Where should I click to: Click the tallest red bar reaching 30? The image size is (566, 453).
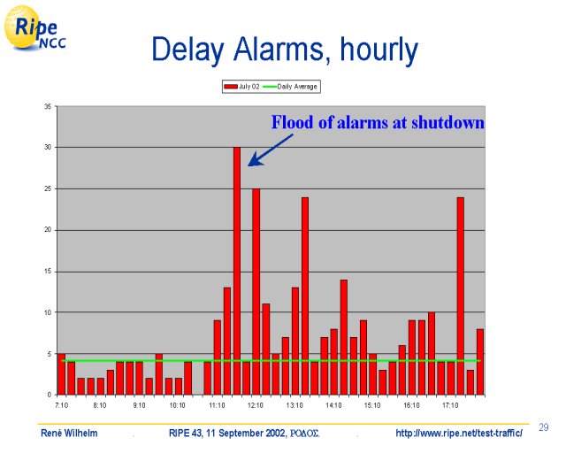237,271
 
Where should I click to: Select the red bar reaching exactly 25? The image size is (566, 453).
256,291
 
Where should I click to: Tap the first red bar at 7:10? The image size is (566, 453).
62,374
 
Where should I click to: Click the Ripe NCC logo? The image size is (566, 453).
35,28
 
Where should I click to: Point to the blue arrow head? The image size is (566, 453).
255,159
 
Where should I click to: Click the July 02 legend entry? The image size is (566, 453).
241,87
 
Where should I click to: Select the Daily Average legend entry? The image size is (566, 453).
290,87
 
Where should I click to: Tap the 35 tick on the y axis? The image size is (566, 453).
48,106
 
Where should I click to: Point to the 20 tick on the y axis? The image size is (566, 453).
48,230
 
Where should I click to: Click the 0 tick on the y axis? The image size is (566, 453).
50,395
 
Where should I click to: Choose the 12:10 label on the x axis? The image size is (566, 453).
256,405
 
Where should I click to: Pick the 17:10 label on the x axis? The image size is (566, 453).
450,405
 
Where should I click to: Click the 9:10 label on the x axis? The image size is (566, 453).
140,405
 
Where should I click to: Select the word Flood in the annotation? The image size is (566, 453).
293,122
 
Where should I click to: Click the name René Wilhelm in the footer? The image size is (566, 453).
69,433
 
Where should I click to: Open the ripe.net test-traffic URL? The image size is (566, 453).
459,433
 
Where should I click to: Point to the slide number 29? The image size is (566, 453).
544,427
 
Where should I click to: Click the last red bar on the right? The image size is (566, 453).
480,362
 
